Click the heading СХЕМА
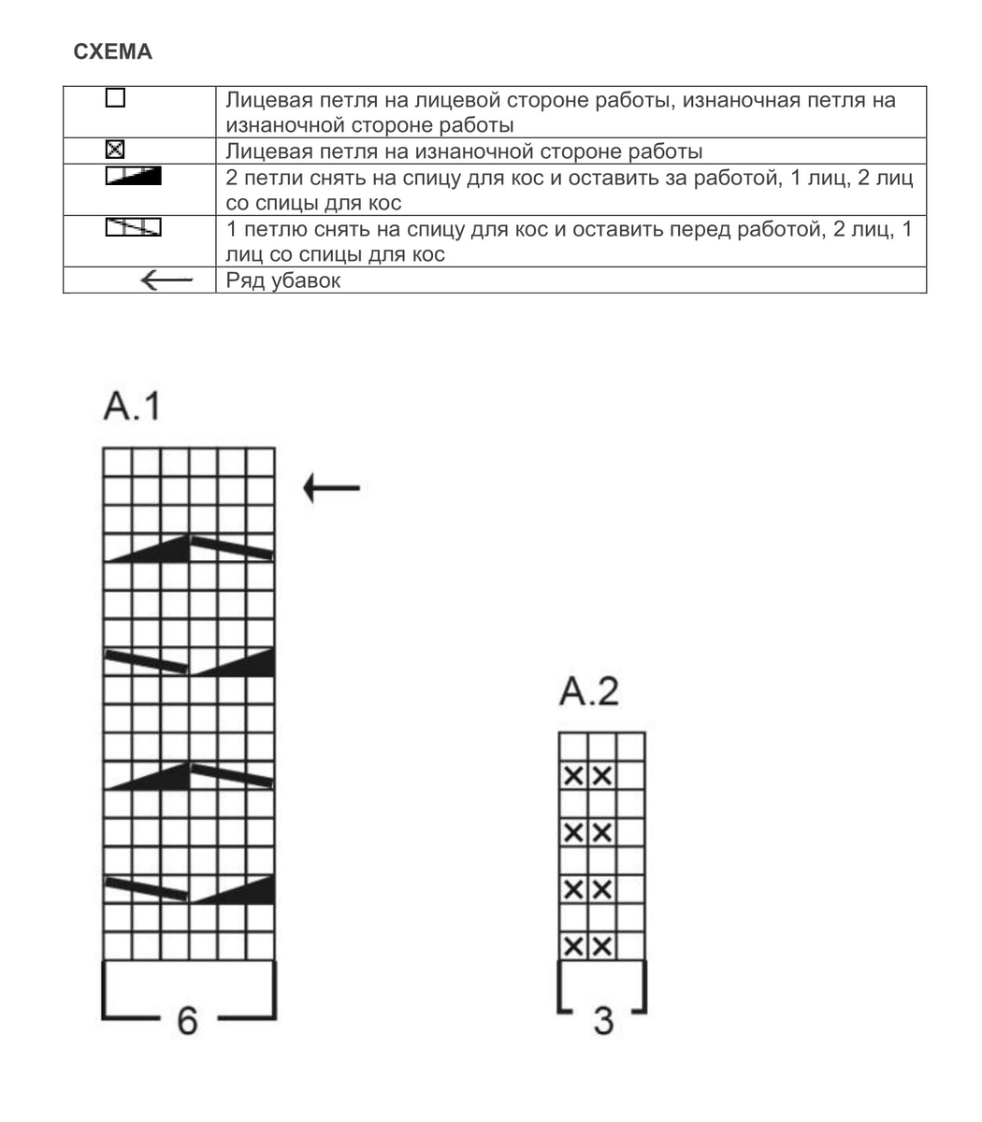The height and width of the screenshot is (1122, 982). [x=112, y=52]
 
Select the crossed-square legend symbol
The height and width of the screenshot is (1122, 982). [x=115, y=150]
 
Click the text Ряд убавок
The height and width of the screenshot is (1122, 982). [x=283, y=280]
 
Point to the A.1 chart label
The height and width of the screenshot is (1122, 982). [x=130, y=408]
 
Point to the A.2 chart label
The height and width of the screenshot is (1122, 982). [x=588, y=693]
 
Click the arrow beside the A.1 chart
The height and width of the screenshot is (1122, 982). [x=331, y=487]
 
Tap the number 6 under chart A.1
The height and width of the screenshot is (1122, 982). [x=188, y=1021]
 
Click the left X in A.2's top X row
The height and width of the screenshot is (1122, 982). [x=573, y=775]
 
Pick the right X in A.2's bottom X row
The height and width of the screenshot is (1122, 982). [x=602, y=945]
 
